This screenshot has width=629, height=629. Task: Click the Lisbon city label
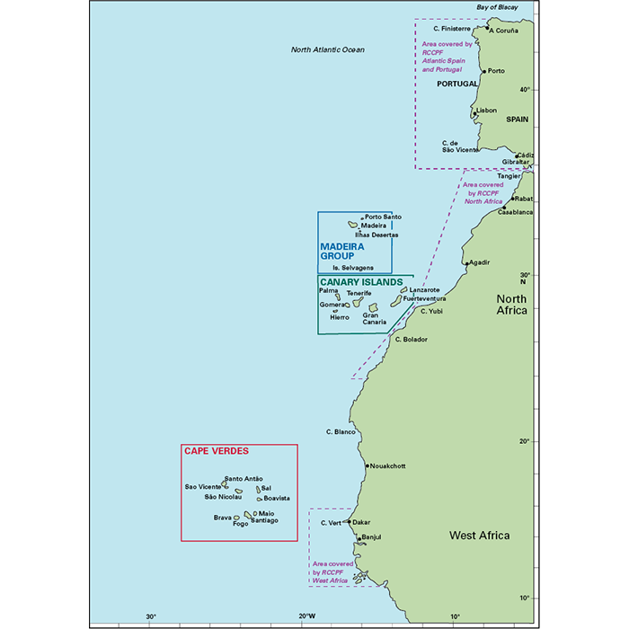click(x=486, y=111)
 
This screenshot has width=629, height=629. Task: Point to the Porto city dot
click(x=484, y=71)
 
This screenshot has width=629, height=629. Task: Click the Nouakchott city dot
click(x=368, y=465)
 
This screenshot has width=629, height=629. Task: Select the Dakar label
click(x=361, y=521)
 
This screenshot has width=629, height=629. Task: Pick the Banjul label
click(x=371, y=537)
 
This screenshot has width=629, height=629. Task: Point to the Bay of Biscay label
click(x=498, y=7)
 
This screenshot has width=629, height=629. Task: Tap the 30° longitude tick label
click(x=152, y=616)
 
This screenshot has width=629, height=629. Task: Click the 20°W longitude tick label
click(x=306, y=616)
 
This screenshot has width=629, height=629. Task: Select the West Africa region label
click(x=479, y=536)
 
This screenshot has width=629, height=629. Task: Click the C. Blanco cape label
click(x=341, y=432)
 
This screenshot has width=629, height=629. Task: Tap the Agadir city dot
click(x=467, y=265)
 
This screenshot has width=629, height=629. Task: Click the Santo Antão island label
click(x=244, y=479)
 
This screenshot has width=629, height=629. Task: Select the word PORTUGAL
click(x=456, y=84)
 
